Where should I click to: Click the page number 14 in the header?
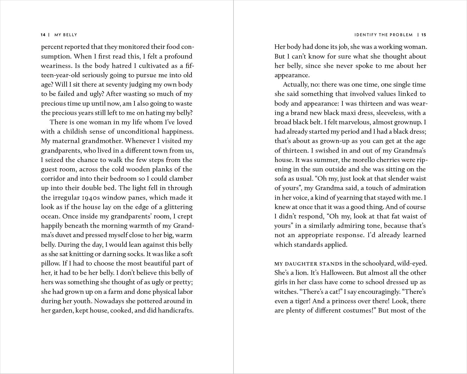[43, 35]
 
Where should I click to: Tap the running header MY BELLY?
[66, 35]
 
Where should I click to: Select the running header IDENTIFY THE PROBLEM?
[384, 35]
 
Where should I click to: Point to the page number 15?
[424, 35]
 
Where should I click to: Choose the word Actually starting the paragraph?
[295, 84]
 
